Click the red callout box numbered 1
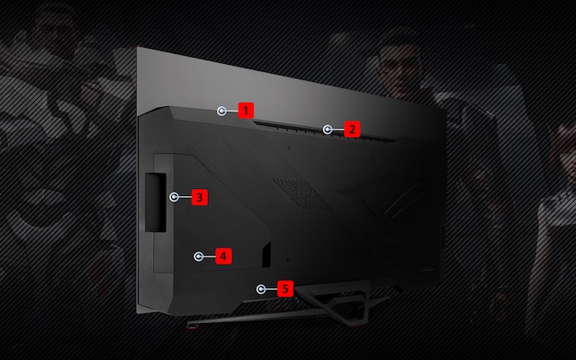244,111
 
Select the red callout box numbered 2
352,130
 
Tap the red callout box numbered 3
199,195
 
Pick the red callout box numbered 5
284,289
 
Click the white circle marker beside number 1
222,111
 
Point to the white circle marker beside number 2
328,130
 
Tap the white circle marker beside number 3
175,195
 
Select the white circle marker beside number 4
199,256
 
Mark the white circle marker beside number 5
261,289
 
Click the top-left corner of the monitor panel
137,48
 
